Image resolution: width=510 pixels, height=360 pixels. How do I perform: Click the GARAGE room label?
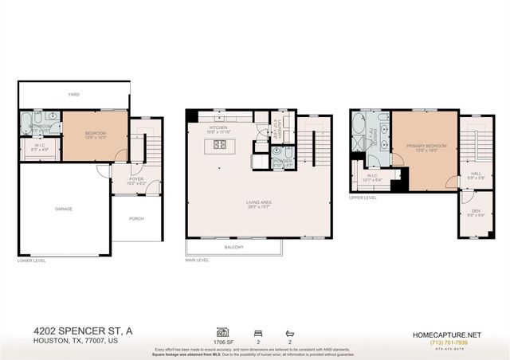tap(64, 209)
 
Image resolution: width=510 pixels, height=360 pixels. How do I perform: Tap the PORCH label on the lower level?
tap(137, 218)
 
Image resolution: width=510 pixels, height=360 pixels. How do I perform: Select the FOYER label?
tap(137, 179)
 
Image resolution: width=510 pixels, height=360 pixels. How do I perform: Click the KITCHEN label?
tap(218, 127)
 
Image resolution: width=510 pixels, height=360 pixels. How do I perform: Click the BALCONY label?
tap(233, 247)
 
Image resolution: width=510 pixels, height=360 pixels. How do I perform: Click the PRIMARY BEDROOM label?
tap(425, 147)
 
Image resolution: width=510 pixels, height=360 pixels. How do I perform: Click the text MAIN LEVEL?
tap(197, 260)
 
